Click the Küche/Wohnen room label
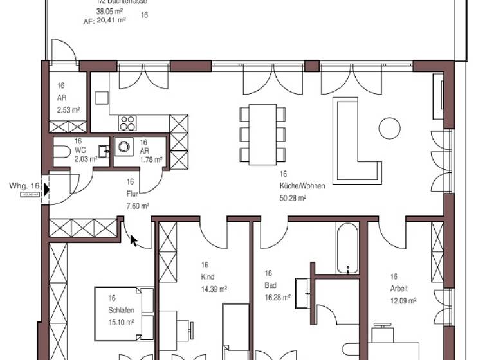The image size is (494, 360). [x=302, y=186]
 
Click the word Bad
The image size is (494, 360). [x=270, y=285]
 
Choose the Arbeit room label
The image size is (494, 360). [x=398, y=289]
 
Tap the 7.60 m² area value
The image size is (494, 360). [x=138, y=206]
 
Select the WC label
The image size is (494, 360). [x=80, y=150]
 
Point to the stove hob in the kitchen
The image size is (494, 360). [x=127, y=123]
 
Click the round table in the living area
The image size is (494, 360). [x=390, y=128]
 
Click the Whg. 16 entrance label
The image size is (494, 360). [x=24, y=186]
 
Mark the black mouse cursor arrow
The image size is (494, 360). [x=134, y=240]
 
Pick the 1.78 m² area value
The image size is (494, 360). [x=151, y=159]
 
